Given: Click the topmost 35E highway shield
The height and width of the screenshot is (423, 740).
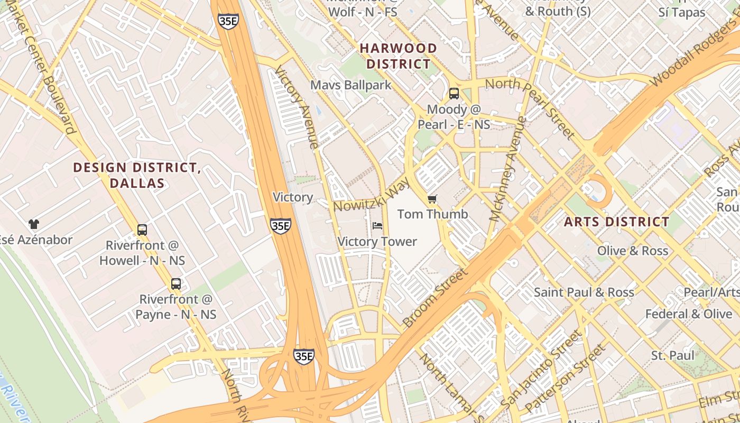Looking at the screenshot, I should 227,21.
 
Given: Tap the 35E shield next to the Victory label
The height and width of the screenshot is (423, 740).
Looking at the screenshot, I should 280,226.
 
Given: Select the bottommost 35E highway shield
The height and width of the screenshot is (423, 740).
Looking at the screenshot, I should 304,356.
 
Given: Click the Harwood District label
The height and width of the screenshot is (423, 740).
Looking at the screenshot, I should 399,56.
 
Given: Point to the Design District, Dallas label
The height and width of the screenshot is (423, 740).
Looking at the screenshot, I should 137,176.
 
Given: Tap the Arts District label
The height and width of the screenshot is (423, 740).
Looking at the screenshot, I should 616,222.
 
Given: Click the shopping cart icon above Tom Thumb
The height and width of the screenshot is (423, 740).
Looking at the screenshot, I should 432,199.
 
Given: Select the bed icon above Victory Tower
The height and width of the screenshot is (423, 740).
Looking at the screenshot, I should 377,226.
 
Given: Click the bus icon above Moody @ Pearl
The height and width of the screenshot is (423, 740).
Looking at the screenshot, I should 454,94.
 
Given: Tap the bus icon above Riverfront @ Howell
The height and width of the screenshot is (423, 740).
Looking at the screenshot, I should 142,229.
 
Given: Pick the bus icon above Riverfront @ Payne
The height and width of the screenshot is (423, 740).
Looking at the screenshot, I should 176,283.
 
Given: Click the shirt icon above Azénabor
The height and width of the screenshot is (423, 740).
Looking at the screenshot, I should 34,224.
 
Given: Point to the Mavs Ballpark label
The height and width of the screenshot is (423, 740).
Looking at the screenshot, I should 351,85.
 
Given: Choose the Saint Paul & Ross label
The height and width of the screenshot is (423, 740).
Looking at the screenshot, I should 584,292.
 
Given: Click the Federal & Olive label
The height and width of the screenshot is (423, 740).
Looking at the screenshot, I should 688,314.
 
